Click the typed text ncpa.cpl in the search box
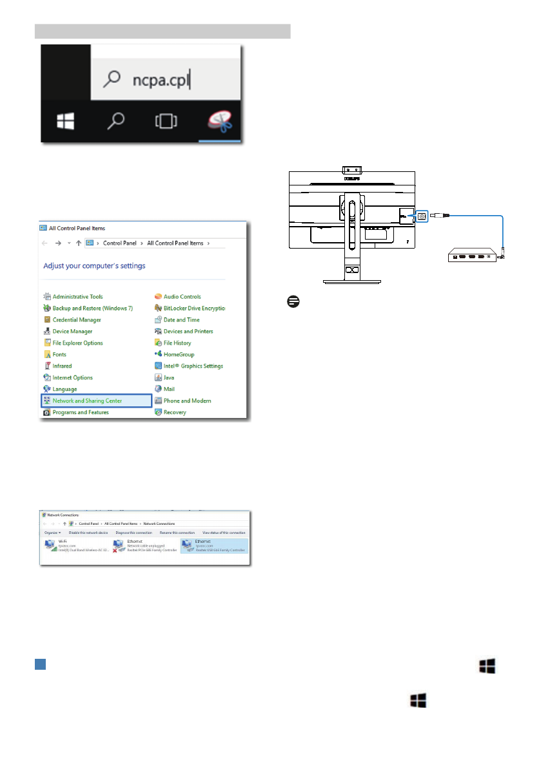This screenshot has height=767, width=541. (161, 80)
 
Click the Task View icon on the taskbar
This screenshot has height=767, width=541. (166, 121)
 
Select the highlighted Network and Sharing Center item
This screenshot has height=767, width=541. (96, 401)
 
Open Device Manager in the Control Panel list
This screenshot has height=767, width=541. (72, 331)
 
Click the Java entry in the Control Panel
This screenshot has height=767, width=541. (169, 377)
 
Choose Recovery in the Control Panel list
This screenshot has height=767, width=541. (175, 412)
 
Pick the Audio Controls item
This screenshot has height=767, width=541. (182, 296)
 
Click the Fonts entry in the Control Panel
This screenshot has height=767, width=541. (59, 354)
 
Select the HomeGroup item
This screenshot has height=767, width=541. (179, 354)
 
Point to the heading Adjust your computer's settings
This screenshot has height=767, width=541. (94, 265)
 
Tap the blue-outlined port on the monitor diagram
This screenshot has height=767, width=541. (422, 216)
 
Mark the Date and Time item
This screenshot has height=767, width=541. (181, 319)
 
